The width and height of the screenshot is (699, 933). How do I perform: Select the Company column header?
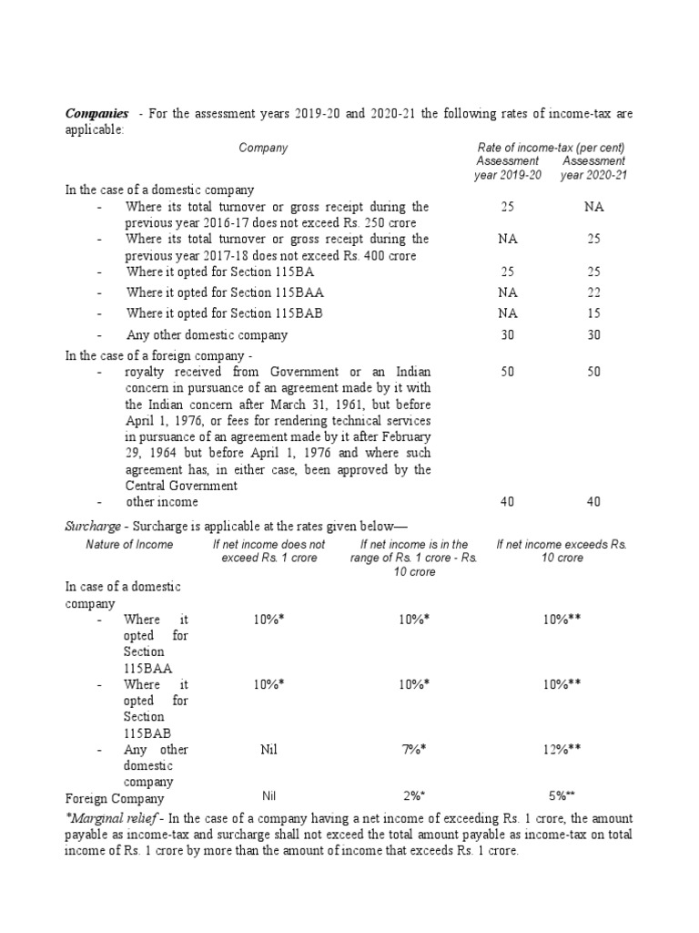[263, 148]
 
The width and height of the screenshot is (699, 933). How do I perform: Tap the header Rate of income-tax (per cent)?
[551, 148]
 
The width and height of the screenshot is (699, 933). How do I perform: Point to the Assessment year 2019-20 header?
[507, 168]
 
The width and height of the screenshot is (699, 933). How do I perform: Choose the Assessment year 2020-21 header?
[593, 168]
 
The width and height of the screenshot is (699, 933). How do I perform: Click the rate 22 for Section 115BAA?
[593, 292]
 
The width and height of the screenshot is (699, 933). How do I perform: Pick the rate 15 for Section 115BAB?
[593, 313]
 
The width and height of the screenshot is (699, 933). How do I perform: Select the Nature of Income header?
[128, 544]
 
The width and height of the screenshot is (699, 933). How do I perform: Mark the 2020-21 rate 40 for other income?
[593, 502]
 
